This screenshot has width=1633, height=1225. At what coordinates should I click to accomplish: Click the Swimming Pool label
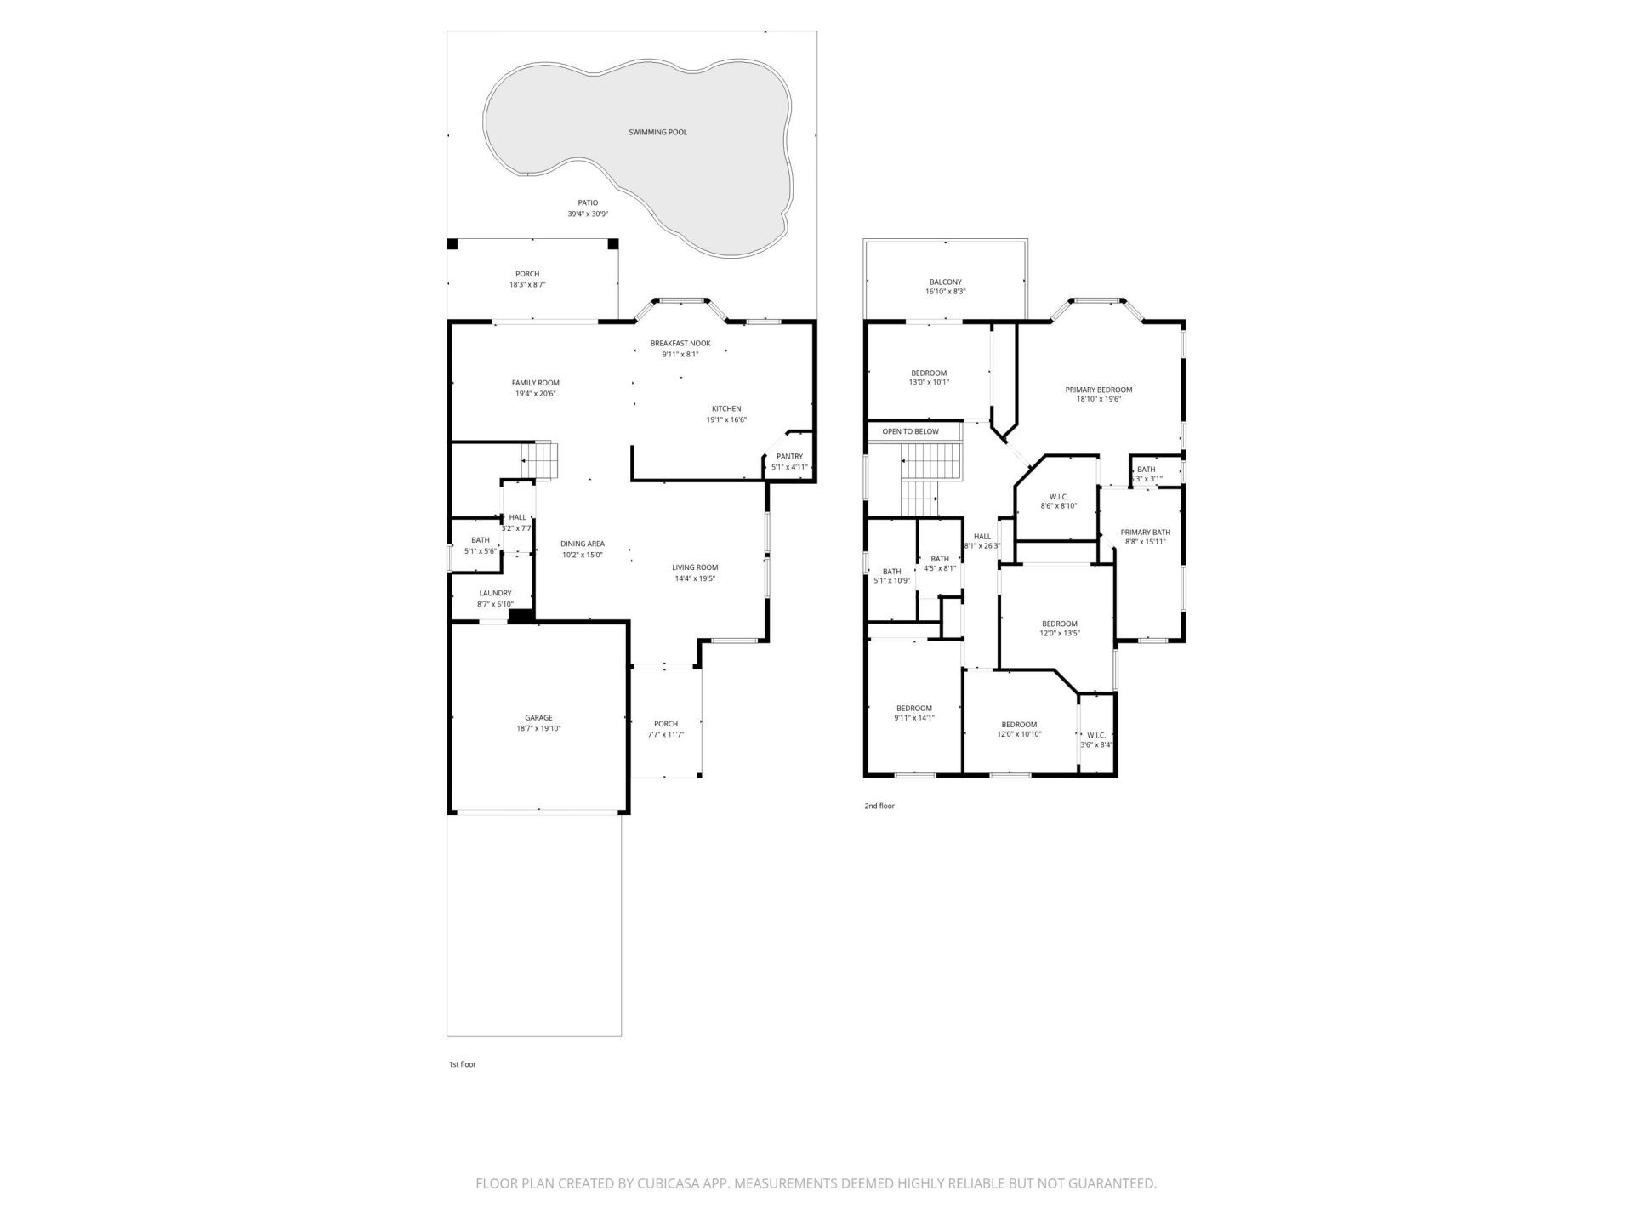tap(657, 132)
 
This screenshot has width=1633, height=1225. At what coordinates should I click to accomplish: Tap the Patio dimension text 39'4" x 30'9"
tap(588, 214)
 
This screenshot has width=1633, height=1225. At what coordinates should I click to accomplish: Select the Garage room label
tap(538, 718)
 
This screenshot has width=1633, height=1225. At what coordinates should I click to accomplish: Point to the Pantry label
tap(789, 457)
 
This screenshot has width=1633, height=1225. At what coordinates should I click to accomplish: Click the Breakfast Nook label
tap(680, 344)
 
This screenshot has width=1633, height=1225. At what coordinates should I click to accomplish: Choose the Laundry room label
tap(495, 594)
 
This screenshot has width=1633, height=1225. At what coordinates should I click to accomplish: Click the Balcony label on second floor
tap(945, 282)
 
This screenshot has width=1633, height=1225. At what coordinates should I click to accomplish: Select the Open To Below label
tap(910, 432)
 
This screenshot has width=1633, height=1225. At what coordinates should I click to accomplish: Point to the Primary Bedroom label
tap(1099, 390)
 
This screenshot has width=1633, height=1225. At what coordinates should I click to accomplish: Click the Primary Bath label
tap(1145, 533)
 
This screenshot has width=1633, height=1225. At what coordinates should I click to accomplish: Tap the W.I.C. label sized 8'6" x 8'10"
tap(1059, 497)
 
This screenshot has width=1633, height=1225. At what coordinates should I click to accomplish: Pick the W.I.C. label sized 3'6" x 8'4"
tap(1096, 735)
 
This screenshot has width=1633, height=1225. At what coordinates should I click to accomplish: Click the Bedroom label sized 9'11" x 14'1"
tap(914, 709)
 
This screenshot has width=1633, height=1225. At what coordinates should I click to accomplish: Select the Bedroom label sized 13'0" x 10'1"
tap(929, 373)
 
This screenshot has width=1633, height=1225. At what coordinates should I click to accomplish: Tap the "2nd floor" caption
tap(879, 806)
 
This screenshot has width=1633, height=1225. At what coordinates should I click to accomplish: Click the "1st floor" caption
tap(463, 1064)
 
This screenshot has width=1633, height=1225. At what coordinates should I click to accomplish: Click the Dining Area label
tap(583, 544)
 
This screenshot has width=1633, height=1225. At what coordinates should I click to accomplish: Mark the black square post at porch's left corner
tap(452, 244)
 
